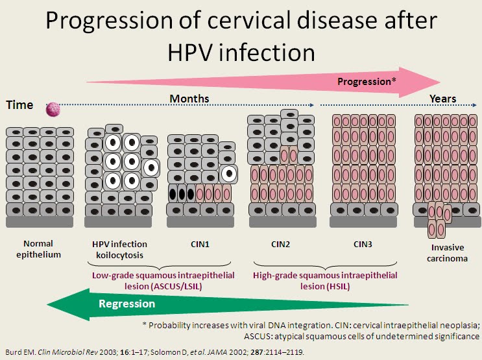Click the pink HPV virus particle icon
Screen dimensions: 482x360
pyautogui.click(x=53, y=110)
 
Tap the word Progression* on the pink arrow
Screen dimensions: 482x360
pyautogui.click(x=367, y=82)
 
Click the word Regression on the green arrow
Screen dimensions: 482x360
pyautogui.click(x=127, y=304)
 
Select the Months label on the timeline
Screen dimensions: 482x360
pyautogui.click(x=189, y=99)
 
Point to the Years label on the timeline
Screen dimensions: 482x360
pyautogui.click(x=442, y=99)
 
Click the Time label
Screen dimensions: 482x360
pyautogui.click(x=19, y=105)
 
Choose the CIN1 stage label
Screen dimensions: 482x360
pyautogui.click(x=200, y=245)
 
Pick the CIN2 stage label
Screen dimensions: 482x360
pyautogui.click(x=280, y=245)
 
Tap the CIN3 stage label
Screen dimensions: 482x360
pyautogui.click(x=363, y=245)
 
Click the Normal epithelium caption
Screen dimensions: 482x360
pyautogui.click(x=38, y=249)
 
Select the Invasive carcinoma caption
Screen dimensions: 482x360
pyautogui.click(x=447, y=253)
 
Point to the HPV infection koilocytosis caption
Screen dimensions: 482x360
pyautogui.click(x=119, y=250)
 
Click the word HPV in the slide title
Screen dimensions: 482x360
pyautogui.click(x=189, y=53)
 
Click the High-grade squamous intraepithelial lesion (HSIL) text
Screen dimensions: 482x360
pyautogui.click(x=325, y=281)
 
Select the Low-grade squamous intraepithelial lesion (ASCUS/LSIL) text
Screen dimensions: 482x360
pyautogui.click(x=163, y=281)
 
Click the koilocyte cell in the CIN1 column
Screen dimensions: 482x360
pyautogui.click(x=229, y=174)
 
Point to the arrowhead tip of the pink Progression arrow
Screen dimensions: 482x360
pyautogui.click(x=440, y=82)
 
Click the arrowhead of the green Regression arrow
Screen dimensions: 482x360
pyautogui.click(x=47, y=304)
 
